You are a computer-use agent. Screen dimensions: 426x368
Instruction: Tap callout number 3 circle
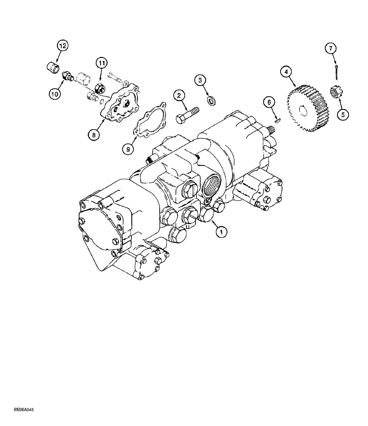pos(201,80)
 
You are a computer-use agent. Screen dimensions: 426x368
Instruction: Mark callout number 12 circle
pos(63,46)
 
